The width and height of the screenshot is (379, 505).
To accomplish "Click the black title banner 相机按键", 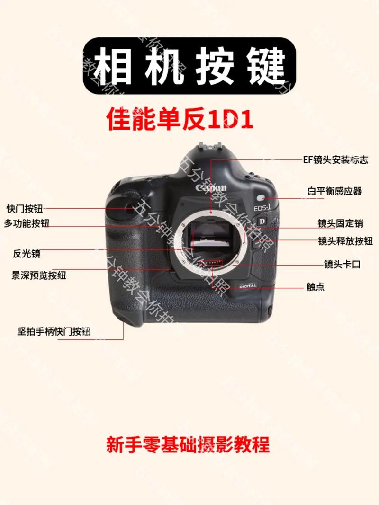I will [x=189, y=66].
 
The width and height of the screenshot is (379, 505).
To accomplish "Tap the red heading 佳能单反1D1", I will [x=180, y=119].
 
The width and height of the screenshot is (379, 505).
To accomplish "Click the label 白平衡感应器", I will [x=334, y=191].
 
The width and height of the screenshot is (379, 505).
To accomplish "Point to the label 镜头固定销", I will [x=340, y=223].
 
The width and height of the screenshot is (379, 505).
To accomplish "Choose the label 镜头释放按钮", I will [x=345, y=240].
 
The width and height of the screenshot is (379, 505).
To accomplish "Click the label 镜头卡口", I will [x=342, y=265].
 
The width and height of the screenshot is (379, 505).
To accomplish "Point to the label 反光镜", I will [x=27, y=254].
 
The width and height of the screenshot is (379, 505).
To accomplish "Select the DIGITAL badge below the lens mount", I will [x=247, y=286].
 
